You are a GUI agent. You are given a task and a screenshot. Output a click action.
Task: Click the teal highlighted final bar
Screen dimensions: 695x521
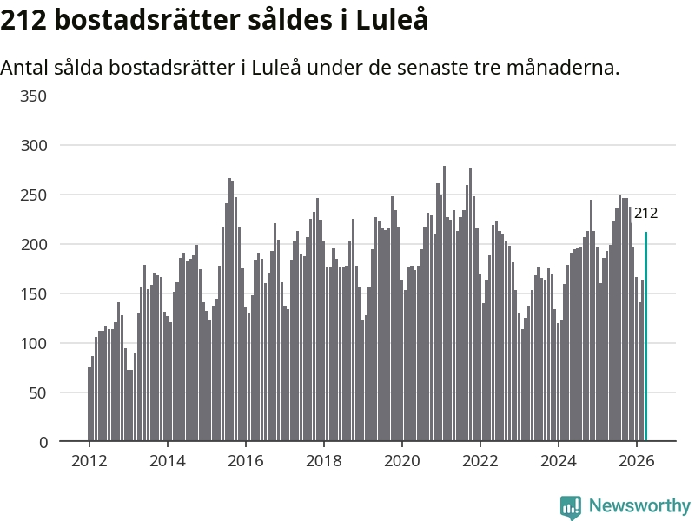click(x=645, y=336)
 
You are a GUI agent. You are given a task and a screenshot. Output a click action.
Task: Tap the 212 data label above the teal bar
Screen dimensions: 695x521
click(x=645, y=213)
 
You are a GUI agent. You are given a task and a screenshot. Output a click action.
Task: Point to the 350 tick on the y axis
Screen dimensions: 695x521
click(x=33, y=96)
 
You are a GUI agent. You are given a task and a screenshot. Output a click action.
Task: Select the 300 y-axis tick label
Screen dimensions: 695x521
click(x=33, y=145)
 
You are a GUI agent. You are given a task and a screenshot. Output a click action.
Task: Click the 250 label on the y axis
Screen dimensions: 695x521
click(x=33, y=195)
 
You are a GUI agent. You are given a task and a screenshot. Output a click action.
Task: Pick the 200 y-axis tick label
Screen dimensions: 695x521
click(x=33, y=244)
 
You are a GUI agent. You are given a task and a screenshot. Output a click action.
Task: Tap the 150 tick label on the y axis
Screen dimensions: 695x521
click(x=33, y=293)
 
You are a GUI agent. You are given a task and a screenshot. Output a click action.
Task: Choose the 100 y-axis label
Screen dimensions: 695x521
click(x=33, y=343)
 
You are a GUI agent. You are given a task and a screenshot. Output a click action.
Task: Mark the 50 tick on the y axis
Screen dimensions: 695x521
click(x=37, y=392)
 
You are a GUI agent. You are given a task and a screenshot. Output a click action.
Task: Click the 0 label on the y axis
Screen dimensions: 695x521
click(x=43, y=442)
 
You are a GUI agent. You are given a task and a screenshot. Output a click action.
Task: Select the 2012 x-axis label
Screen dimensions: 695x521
click(x=89, y=461)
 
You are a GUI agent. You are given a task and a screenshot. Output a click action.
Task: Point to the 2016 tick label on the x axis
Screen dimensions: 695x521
click(x=246, y=461)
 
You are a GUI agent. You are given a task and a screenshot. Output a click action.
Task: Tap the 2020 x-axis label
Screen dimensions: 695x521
click(x=402, y=461)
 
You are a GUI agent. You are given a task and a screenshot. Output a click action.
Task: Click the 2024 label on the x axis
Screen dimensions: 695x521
click(x=559, y=461)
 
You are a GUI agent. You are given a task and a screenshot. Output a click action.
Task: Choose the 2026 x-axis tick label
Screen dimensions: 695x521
click(x=637, y=461)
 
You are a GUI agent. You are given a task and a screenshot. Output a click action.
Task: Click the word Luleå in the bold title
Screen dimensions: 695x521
click(x=393, y=19)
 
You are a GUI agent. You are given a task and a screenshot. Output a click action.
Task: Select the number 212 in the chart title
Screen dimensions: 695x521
click(x=23, y=20)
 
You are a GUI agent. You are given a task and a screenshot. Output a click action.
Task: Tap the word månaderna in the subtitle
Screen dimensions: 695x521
click(x=563, y=68)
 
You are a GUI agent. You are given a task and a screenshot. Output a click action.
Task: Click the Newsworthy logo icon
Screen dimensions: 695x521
click(x=571, y=507)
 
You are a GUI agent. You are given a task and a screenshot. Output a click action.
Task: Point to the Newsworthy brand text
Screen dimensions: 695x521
click(x=639, y=505)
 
